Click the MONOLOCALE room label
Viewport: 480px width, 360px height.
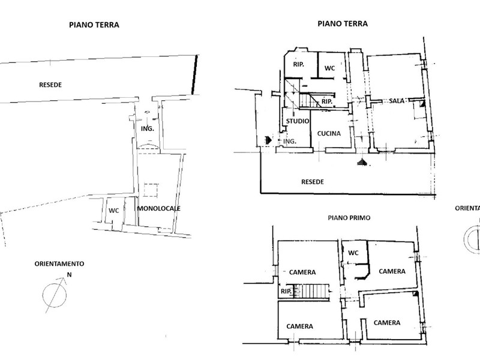[x=158, y=208]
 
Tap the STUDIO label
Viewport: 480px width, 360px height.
[x=298, y=121]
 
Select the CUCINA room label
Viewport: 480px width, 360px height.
[x=329, y=133]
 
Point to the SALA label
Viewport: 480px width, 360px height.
[x=397, y=100]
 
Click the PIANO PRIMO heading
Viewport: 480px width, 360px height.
[x=349, y=218]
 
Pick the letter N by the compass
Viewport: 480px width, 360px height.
[x=69, y=275]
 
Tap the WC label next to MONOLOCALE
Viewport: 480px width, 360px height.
[x=114, y=211]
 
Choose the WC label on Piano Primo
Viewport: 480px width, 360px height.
[x=353, y=253]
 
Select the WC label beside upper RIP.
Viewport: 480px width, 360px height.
[x=329, y=68]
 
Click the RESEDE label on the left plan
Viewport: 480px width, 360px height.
[x=50, y=85]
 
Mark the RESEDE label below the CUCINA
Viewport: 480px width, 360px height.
[x=313, y=182]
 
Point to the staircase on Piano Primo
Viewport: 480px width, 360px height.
[x=311, y=291]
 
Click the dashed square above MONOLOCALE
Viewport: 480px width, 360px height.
[x=151, y=190]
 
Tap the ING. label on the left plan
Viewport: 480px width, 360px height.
[x=147, y=129]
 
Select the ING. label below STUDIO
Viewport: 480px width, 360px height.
[x=290, y=142]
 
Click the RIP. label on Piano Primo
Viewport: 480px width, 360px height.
[x=286, y=292]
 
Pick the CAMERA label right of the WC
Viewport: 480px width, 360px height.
[x=392, y=272]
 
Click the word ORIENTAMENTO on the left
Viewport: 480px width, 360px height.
[x=59, y=264]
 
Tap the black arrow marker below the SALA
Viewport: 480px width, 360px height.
[x=362, y=162]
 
